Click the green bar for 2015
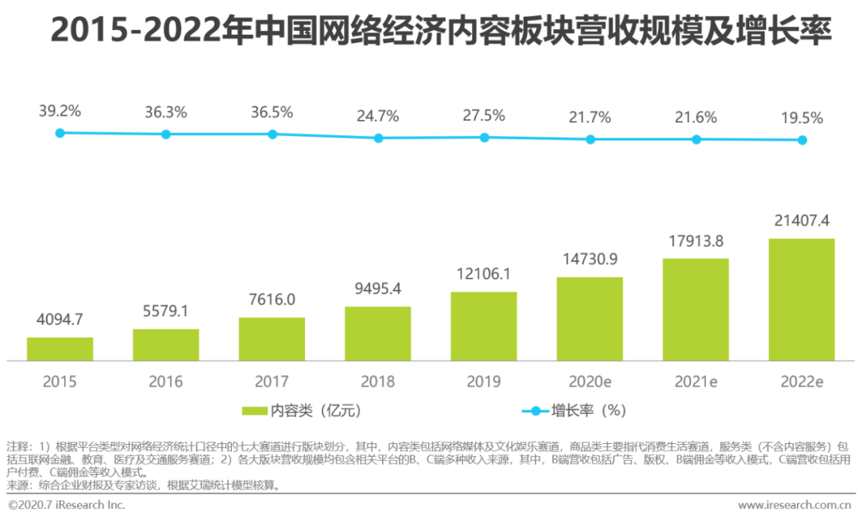[x=60, y=349]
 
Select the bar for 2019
[x=484, y=326]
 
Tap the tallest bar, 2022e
[x=802, y=299]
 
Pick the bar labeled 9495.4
[x=377, y=334]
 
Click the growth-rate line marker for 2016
[x=166, y=134]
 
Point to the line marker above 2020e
[x=590, y=139]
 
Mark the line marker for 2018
[x=378, y=138]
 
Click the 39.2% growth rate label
[x=60, y=112]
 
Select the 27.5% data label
[x=484, y=115]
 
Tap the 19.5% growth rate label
[x=802, y=118]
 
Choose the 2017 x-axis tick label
[x=272, y=382]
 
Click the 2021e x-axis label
[x=695, y=382]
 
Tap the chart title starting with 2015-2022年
[x=441, y=32]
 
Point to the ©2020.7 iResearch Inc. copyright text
[x=67, y=505]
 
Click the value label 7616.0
[x=272, y=299]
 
